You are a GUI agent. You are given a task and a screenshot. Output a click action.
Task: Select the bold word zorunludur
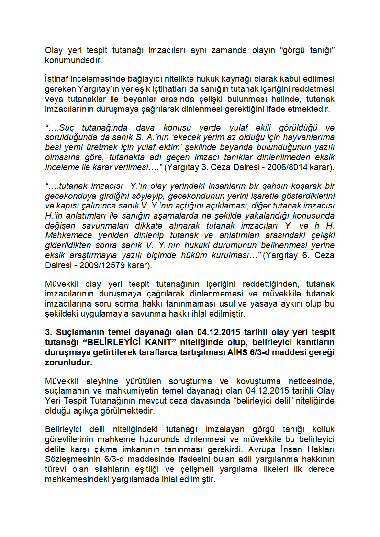pos(67,362)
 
